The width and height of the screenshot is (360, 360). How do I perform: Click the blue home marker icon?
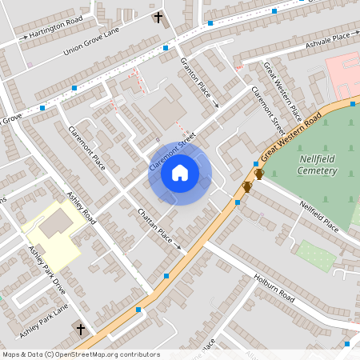tap(180, 172)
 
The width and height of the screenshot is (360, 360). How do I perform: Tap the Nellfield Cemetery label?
tap(321, 164)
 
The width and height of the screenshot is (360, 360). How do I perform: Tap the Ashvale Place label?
tap(328, 40)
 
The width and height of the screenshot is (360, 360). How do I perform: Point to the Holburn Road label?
tap(276, 290)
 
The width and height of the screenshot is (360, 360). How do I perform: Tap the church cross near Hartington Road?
tap(158, 17)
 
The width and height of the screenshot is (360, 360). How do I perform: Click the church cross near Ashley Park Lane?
tap(80, 328)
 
